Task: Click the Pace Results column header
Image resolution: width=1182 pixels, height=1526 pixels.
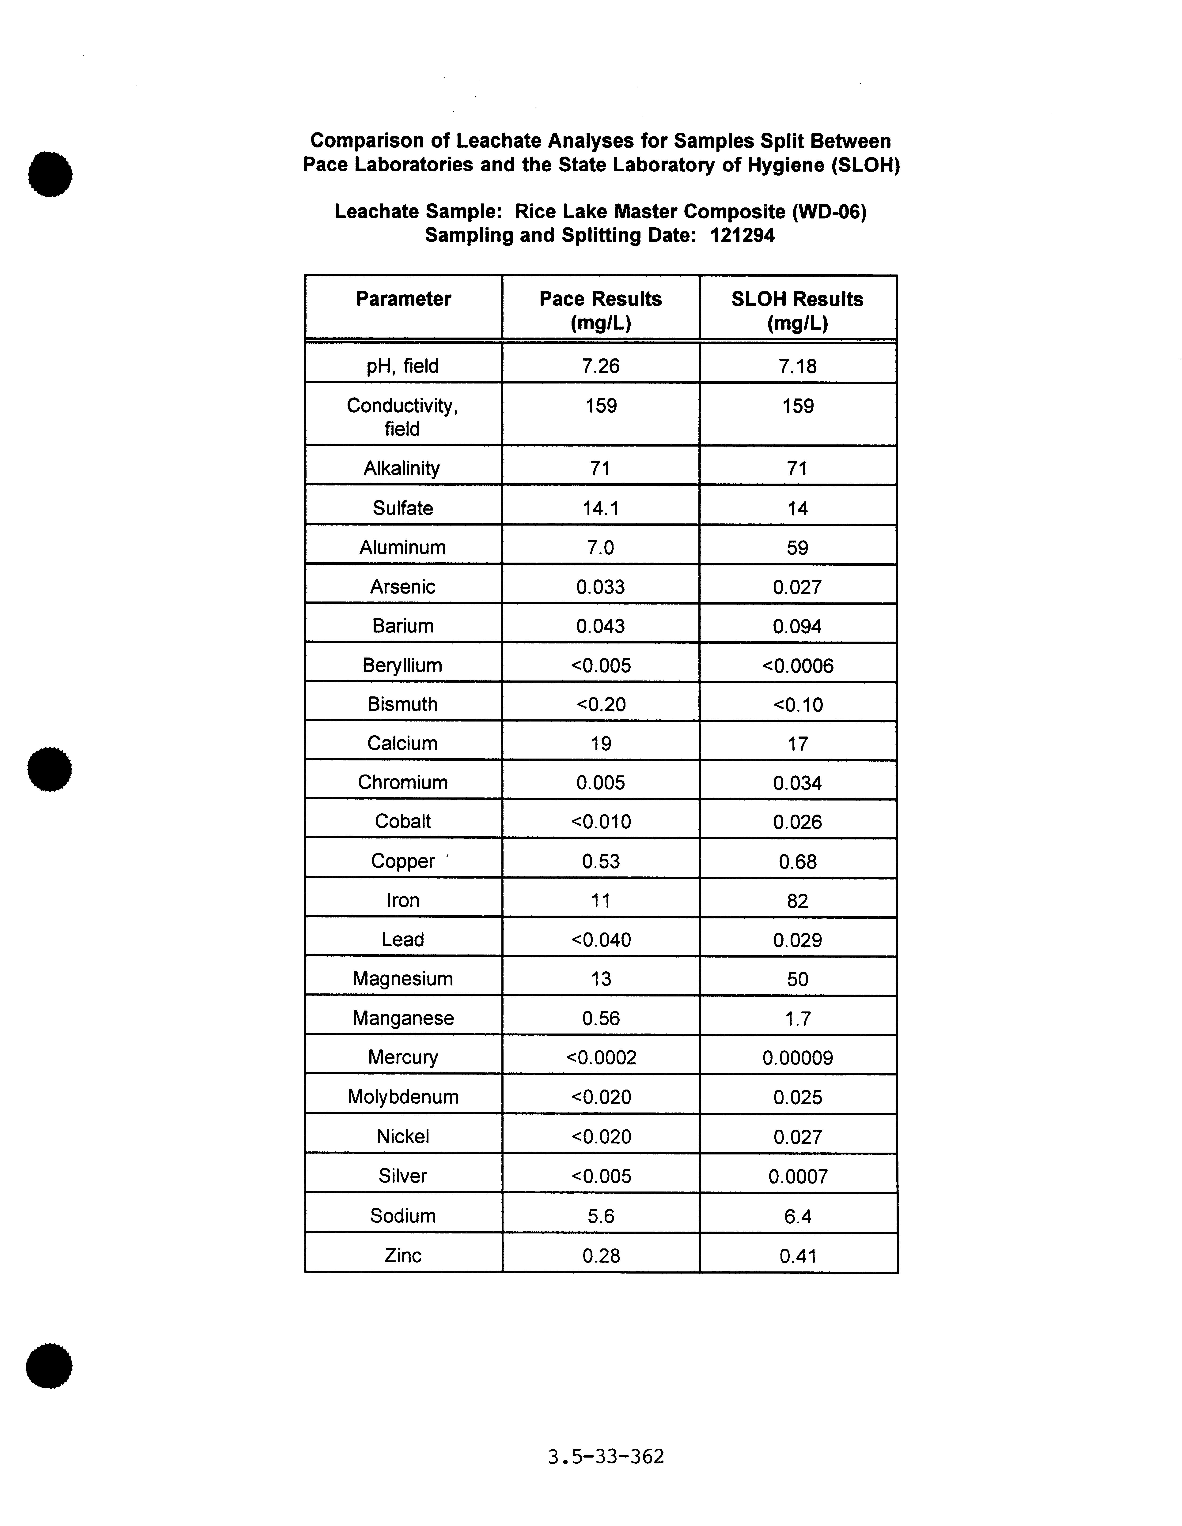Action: coord(600,310)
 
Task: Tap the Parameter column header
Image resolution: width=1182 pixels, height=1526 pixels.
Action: coord(403,299)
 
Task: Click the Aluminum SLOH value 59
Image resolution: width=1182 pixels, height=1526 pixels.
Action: coord(798,548)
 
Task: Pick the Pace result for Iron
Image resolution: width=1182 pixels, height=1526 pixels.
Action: coord(600,901)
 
